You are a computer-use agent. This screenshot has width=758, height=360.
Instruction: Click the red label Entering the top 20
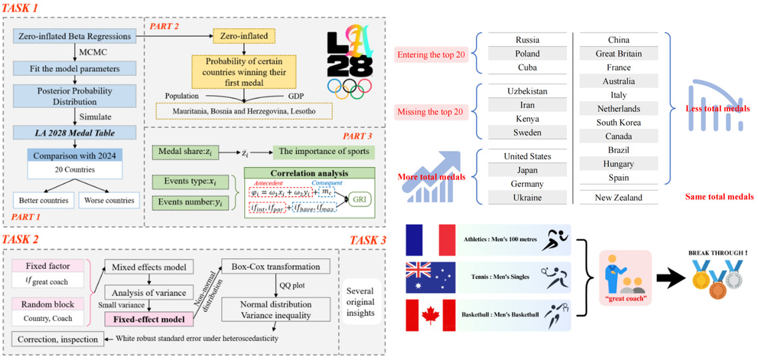(431, 54)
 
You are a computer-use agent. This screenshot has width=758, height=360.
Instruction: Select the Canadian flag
(429, 314)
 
